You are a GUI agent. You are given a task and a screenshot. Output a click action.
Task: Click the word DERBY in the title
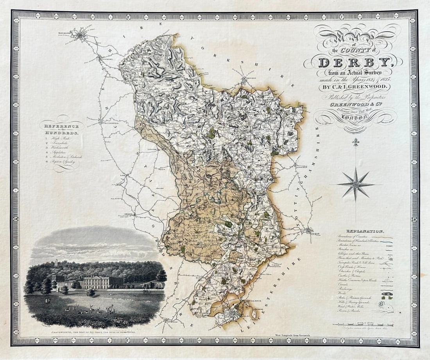point(354,62)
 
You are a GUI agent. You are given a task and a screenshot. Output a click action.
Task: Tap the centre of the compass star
point(356,184)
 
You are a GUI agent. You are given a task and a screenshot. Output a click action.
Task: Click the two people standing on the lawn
point(48,301)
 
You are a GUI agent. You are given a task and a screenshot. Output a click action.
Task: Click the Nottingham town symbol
point(310,230)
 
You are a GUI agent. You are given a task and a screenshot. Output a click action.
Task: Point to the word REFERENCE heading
point(62,126)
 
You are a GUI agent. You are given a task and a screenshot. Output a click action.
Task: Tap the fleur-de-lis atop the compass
point(356,142)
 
